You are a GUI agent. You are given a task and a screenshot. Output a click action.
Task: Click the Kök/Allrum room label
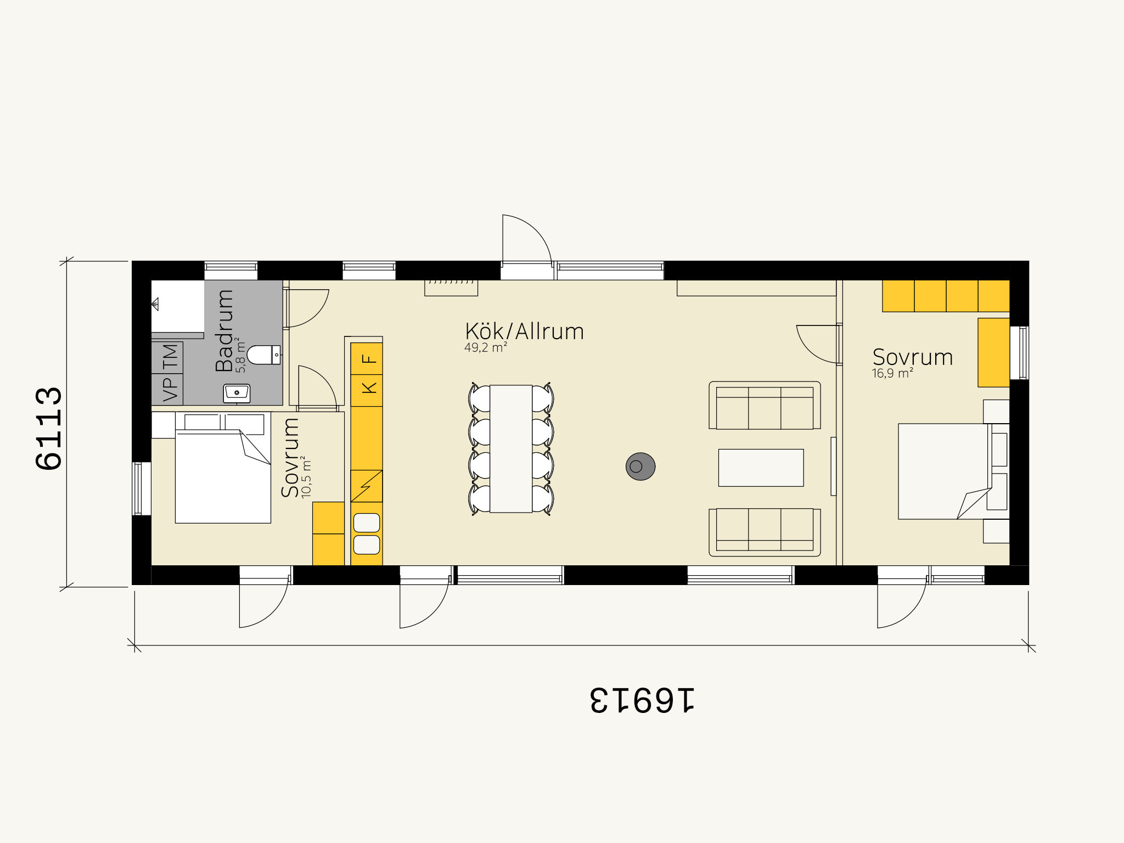point(524,331)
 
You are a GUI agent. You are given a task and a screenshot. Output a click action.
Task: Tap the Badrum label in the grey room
point(224,331)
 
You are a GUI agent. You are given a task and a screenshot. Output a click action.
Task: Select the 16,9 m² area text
point(892,373)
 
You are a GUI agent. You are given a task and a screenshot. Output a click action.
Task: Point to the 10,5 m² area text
point(306,477)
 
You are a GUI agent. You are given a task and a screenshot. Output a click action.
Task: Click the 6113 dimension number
point(49,428)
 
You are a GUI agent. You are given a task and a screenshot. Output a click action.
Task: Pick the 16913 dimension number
point(642,700)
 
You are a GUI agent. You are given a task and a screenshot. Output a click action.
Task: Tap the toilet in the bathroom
point(263,355)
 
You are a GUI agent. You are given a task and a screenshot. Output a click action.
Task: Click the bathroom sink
point(237,394)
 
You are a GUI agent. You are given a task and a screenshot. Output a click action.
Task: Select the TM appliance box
point(167,357)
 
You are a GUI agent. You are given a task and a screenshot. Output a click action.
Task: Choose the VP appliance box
point(167,390)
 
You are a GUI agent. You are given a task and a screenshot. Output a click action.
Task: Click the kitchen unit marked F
point(367,359)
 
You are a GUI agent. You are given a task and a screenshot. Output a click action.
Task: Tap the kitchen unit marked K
point(367,391)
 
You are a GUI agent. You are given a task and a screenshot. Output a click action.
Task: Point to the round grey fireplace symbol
point(640,467)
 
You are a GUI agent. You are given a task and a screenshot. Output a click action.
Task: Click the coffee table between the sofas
point(761,468)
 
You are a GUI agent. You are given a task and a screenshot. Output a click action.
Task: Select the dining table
point(511,449)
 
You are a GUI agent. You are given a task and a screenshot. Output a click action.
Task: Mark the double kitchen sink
point(367,533)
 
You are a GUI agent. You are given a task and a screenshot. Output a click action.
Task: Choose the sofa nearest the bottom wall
point(765,532)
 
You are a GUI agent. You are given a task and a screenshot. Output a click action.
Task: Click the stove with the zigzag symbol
point(367,486)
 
